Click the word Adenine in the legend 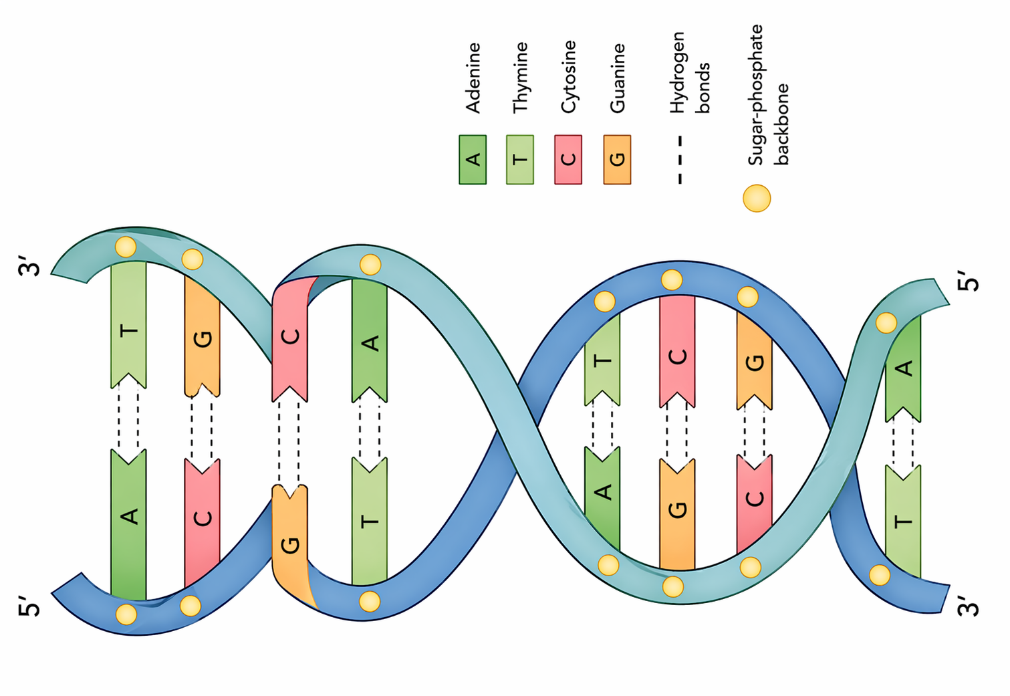pyautogui.click(x=473, y=78)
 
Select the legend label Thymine pyautogui.click(x=520, y=78)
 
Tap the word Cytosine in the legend pyautogui.click(x=568, y=77)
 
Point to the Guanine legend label pyautogui.click(x=617, y=78)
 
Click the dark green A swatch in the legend pyautogui.click(x=473, y=160)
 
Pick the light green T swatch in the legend pyautogui.click(x=520, y=160)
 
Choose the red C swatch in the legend pyautogui.click(x=568, y=160)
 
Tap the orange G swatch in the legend pyautogui.click(x=617, y=160)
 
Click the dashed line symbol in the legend pyautogui.click(x=680, y=160)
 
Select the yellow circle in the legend pyautogui.click(x=757, y=199)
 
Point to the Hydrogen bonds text pyautogui.click(x=690, y=72)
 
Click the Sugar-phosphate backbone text pyautogui.click(x=768, y=95)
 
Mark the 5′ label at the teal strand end pyautogui.click(x=969, y=281)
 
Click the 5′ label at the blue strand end pyautogui.click(x=30, y=605)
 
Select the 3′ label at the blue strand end pyautogui.click(x=969, y=605)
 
